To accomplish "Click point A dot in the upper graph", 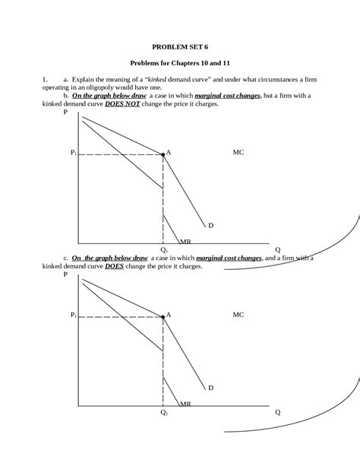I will (x=163, y=154).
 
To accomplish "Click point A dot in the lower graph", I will (x=163, y=315).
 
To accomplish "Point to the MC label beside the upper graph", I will (x=238, y=153).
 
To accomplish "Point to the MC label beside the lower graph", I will (x=238, y=314).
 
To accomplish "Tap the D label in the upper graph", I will (x=210, y=226).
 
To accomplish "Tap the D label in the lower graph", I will (x=210, y=388).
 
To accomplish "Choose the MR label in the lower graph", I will (x=185, y=404).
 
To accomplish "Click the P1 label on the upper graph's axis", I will (x=73, y=154).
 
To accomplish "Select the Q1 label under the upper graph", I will (x=163, y=249).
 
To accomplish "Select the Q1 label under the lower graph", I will (x=163, y=413).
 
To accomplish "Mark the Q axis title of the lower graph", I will (x=277, y=413).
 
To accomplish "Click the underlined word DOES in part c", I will (x=115, y=266).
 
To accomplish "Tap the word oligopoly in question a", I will (x=118, y=87).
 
